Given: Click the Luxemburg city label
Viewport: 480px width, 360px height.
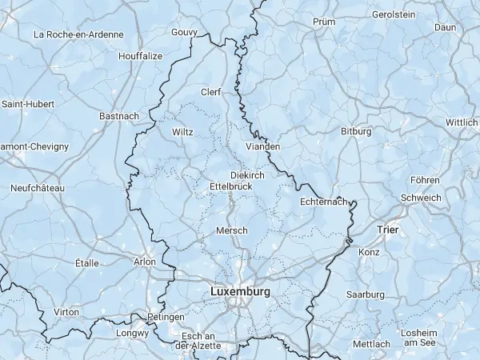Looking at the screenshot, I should point(240,292).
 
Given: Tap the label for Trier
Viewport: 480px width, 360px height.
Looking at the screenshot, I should point(387,230).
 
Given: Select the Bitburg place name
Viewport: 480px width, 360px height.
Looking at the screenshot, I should point(356,130).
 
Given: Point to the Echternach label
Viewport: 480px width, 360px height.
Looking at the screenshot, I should point(325,202).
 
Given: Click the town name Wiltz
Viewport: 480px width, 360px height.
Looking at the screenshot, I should point(182,132).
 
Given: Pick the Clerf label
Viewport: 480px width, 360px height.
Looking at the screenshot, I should point(211,92).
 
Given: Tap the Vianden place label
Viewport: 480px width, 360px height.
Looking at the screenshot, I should point(263,146).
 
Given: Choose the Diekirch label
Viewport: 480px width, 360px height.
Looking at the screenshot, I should point(246,174).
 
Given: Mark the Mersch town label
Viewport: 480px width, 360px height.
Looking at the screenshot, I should point(232,230).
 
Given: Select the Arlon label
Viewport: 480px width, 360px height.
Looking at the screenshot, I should point(145,261).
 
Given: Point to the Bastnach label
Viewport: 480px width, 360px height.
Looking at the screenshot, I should point(119,116).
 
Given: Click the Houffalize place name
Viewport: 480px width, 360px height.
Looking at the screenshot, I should point(140,56).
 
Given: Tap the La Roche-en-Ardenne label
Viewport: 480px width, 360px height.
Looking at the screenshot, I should point(78,34).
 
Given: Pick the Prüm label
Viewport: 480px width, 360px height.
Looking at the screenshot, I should point(324,22).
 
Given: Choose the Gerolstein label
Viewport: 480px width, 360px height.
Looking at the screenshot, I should point(394,14).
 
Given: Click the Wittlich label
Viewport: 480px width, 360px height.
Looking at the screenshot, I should point(462,122).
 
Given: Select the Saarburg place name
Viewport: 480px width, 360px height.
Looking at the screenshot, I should point(366,294).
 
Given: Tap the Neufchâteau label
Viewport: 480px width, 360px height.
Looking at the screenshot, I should point(37,187).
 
